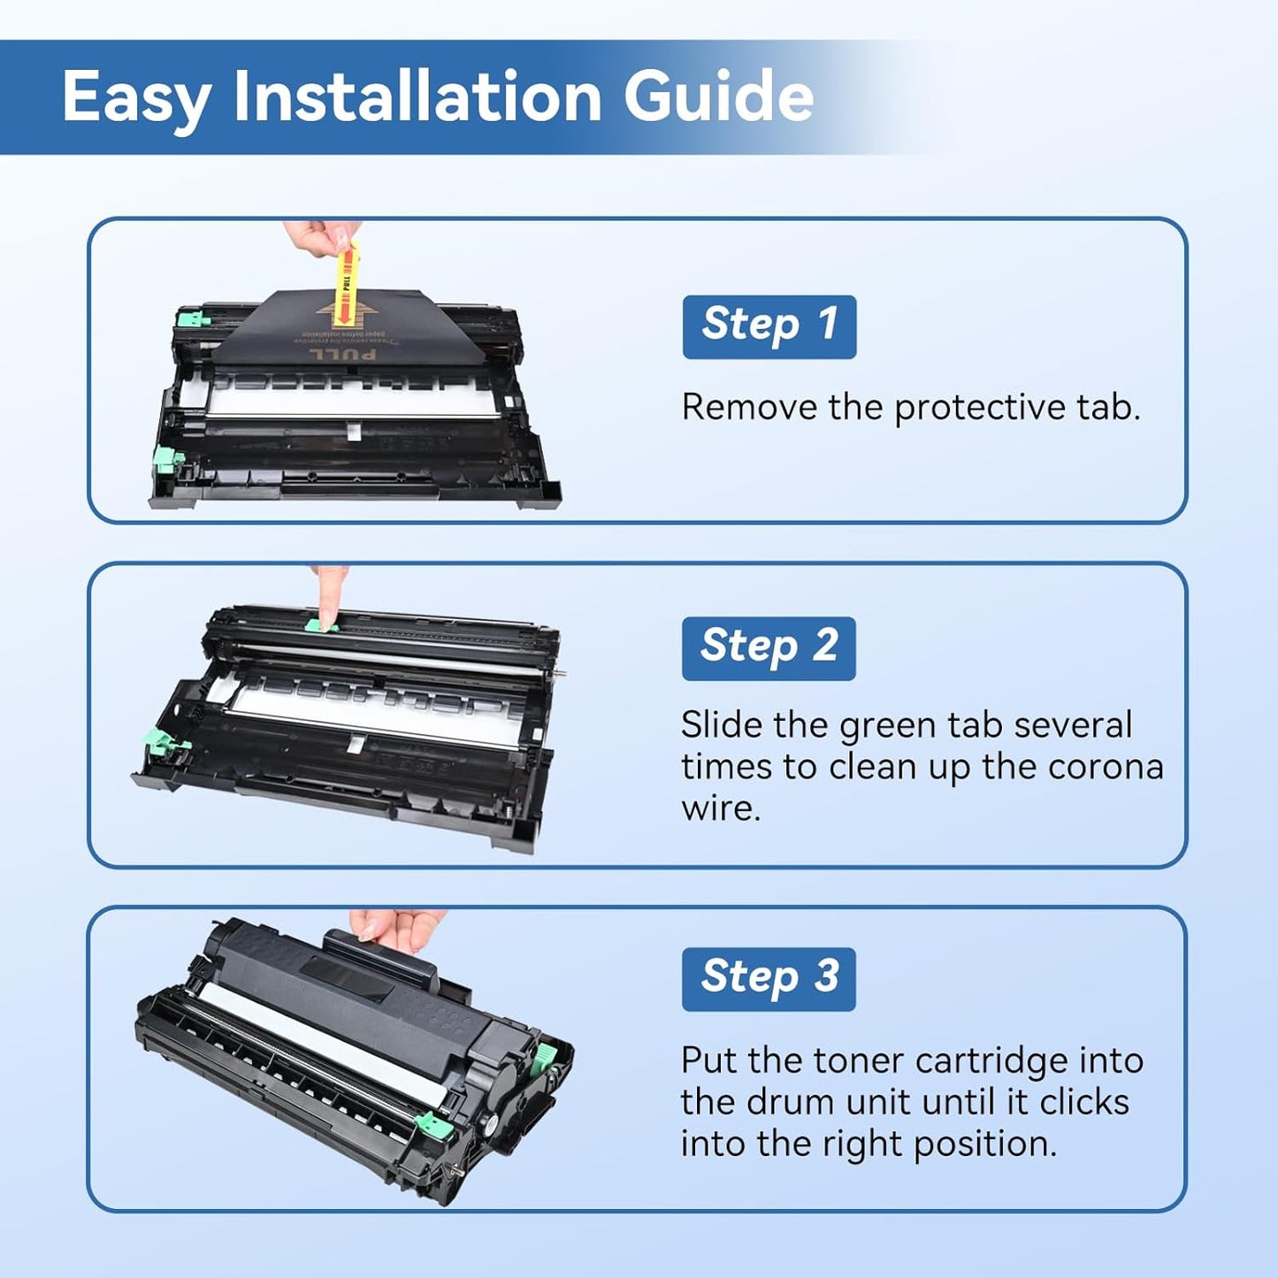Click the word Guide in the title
[718, 96]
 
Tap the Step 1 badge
[769, 325]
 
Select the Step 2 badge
[768, 647]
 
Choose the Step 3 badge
[768, 978]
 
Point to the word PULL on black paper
[341, 355]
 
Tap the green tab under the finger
[322, 626]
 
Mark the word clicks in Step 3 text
[1084, 1102]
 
